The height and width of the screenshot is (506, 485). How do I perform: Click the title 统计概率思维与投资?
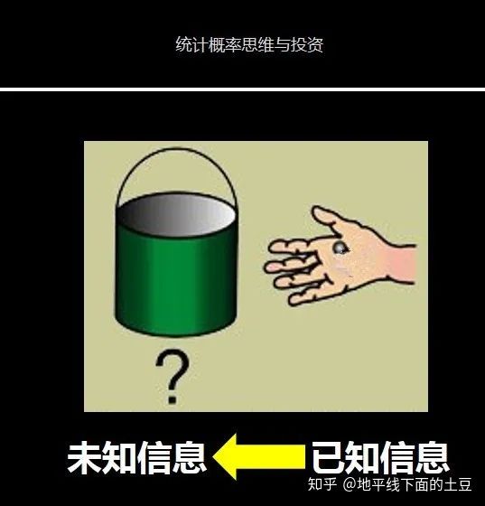click(x=249, y=44)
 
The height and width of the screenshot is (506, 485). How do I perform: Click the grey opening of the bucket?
click(x=176, y=214)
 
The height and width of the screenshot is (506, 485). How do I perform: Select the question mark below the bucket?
click(x=172, y=376)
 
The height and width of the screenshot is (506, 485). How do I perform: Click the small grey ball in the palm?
click(x=340, y=248)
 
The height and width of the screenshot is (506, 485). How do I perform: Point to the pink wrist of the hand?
click(x=402, y=264)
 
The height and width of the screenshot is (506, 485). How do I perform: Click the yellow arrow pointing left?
click(x=259, y=456)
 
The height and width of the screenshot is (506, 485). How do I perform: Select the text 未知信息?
click(x=136, y=457)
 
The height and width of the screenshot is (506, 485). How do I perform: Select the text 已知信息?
click(x=380, y=457)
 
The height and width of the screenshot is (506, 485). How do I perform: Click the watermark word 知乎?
click(x=322, y=484)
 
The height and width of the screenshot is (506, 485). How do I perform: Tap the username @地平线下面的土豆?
click(x=406, y=484)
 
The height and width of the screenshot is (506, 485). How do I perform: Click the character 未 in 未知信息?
click(x=85, y=457)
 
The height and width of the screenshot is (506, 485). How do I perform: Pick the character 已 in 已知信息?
click(x=329, y=457)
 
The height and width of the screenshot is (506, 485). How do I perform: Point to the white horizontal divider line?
click(x=242, y=89)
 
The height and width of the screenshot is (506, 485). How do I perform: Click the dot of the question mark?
click(x=173, y=399)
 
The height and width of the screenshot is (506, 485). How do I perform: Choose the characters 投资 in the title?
click(x=307, y=44)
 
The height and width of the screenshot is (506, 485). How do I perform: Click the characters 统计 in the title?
click(x=191, y=44)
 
